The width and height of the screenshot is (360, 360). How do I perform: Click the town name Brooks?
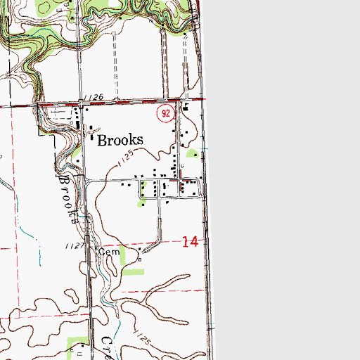[x=120, y=139]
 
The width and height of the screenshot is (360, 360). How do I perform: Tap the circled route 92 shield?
[x=164, y=112]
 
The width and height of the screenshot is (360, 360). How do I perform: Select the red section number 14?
[x=189, y=242]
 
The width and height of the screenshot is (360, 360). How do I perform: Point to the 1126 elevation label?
[x=92, y=97]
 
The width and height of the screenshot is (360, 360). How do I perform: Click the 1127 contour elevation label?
[x=73, y=246]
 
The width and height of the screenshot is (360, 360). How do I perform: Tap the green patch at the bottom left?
[x=78, y=345]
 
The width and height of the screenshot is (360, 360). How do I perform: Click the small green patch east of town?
[x=193, y=153]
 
